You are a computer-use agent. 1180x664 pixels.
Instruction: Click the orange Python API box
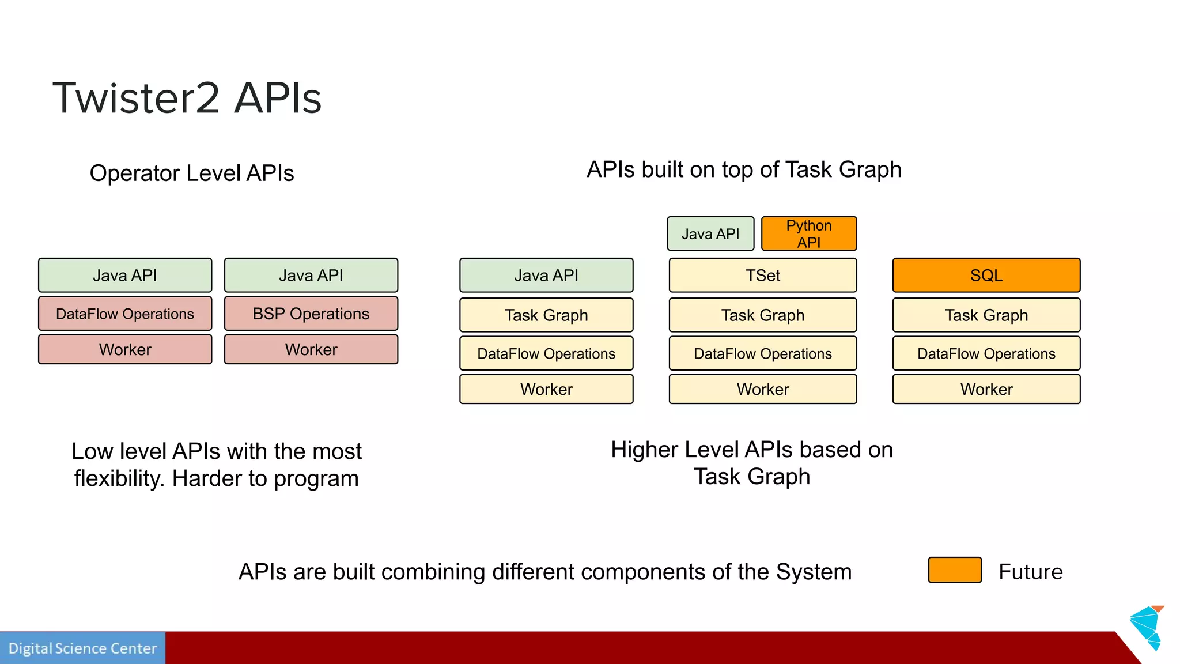(808, 233)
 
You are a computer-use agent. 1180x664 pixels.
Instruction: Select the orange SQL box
(986, 275)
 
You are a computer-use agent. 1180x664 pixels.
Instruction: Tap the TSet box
(762, 275)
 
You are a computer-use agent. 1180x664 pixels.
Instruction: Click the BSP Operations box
(311, 314)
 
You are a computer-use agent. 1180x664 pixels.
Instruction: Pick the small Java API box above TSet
(710, 233)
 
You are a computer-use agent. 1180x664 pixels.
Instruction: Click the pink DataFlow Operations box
(124, 314)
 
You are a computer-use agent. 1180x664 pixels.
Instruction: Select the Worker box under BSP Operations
(311, 349)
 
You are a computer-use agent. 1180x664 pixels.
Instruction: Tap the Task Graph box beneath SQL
(986, 315)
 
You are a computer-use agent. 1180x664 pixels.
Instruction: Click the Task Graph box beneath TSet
(762, 315)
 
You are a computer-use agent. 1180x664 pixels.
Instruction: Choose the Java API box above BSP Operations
(311, 275)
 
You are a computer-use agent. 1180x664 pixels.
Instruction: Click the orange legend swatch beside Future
(954, 570)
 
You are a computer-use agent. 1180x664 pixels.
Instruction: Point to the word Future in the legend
(1030, 572)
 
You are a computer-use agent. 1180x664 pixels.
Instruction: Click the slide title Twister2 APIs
(187, 98)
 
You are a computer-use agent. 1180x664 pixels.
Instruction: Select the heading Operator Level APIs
(191, 173)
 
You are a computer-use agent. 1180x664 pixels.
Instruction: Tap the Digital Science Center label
(82, 648)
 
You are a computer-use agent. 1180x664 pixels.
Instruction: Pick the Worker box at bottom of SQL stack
(986, 389)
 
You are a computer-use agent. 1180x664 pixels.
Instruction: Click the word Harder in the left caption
(207, 478)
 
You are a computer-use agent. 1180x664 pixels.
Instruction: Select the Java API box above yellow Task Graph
(546, 275)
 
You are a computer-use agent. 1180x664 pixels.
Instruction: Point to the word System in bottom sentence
(813, 572)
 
